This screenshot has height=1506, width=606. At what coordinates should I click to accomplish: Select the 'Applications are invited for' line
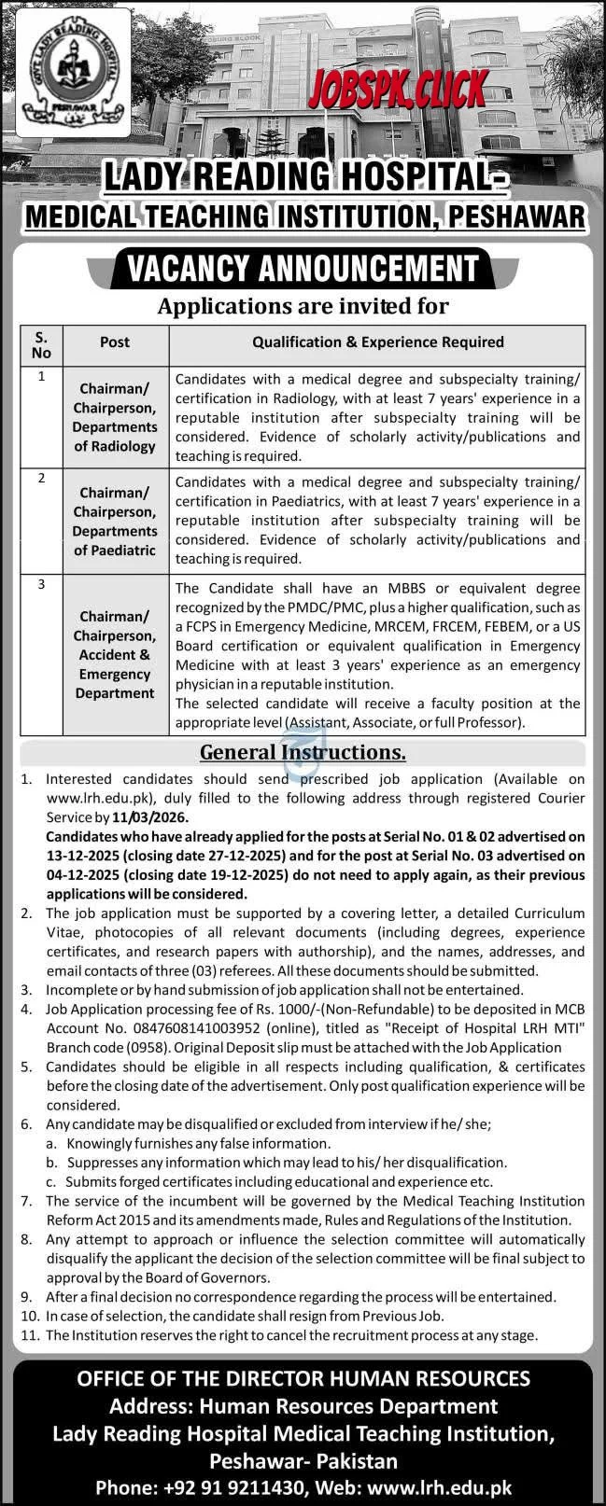(x=303, y=305)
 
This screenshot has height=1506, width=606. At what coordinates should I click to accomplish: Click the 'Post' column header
(x=115, y=342)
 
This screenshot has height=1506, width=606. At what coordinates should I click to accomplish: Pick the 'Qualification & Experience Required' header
(x=377, y=342)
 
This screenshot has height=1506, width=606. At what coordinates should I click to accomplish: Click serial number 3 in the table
(x=41, y=585)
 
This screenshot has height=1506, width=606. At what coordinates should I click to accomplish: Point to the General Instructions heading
(x=303, y=752)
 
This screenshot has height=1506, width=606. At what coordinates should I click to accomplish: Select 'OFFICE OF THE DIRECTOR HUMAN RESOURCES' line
(x=303, y=1378)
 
